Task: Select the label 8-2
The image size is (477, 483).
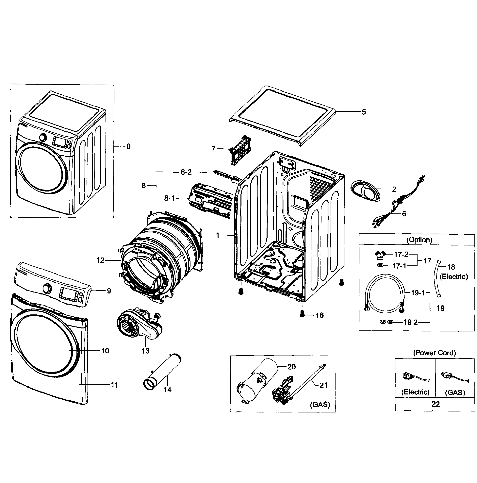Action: click(x=186, y=172)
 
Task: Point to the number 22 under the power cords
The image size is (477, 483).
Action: click(x=435, y=404)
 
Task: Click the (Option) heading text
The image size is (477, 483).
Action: click(x=419, y=240)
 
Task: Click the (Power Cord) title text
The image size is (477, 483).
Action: click(x=434, y=353)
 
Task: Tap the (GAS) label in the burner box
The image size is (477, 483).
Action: click(x=320, y=404)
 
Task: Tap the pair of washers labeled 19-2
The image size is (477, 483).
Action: click(x=386, y=322)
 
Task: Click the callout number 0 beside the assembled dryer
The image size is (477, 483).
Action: click(x=128, y=147)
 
